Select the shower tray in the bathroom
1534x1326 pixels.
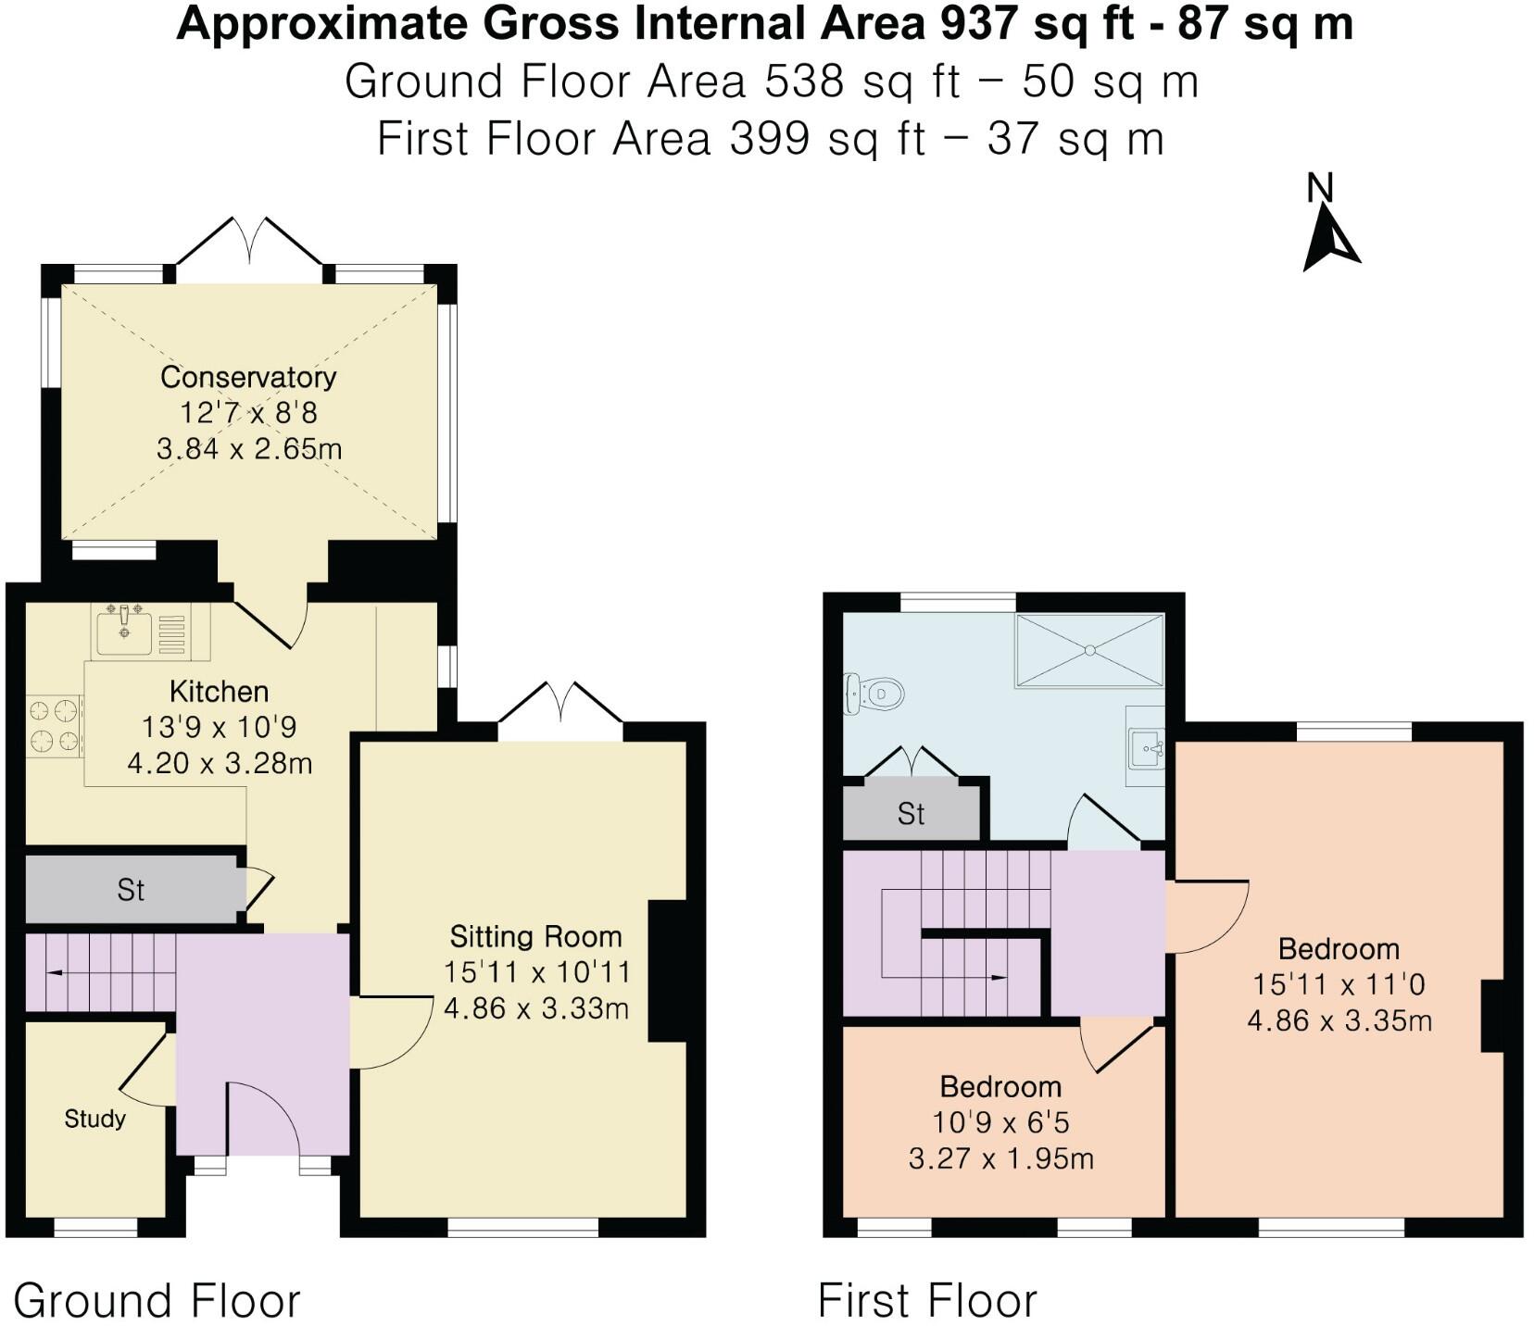[1089, 650]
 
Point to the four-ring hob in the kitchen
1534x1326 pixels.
[52, 726]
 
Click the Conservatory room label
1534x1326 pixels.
[248, 377]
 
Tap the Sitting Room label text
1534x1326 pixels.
[535, 936]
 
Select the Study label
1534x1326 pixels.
[94, 1119]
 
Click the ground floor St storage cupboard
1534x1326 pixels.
[131, 890]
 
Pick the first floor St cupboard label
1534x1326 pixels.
[911, 814]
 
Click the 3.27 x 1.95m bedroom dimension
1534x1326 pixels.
[1000, 1158]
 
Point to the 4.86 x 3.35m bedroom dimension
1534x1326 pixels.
[1339, 1020]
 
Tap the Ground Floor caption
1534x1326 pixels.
[157, 1300]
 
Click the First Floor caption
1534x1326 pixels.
[927, 1300]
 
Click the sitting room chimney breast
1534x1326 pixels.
[667, 971]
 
